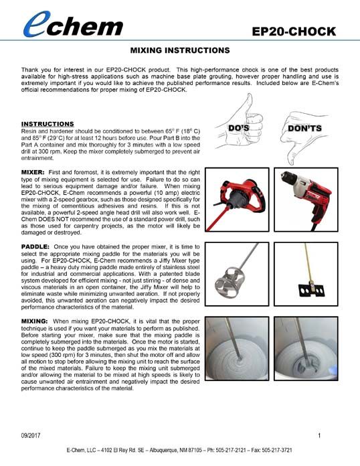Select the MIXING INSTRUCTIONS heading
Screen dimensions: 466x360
point(179,50)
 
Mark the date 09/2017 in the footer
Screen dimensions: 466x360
point(31,436)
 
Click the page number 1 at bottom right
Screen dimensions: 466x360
point(320,436)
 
